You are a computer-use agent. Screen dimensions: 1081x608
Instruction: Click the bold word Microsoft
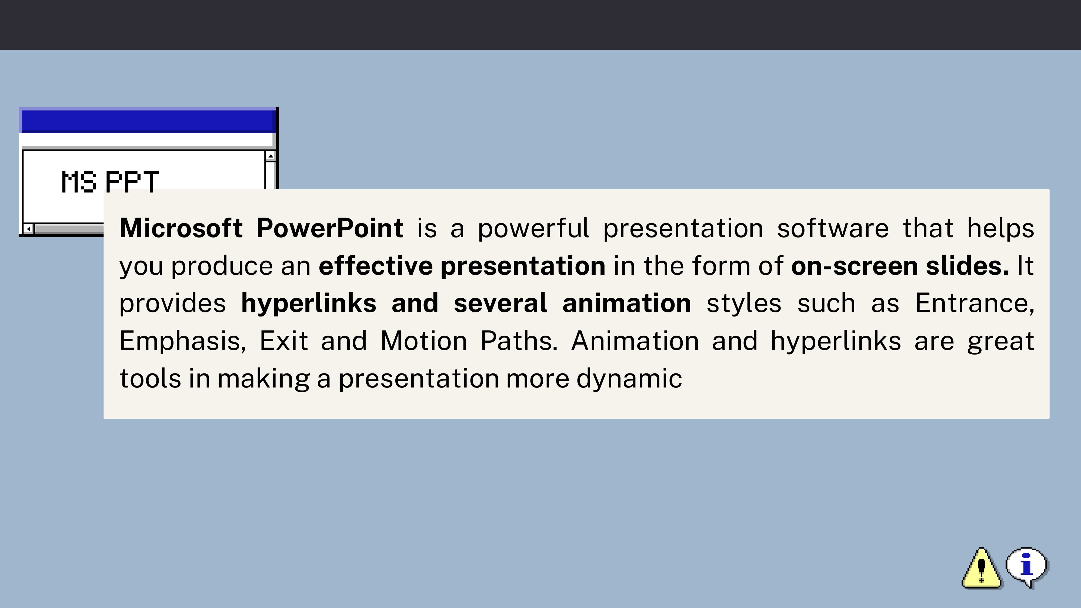(181, 228)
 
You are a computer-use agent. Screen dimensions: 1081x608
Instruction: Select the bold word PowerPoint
(330, 228)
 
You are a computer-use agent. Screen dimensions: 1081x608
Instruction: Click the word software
(833, 228)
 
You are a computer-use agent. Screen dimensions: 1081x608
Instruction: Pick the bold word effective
(376, 266)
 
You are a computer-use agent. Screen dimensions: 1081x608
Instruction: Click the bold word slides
(967, 266)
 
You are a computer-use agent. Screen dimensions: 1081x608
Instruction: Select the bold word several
(500, 303)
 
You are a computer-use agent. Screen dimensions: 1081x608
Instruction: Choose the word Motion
(423, 341)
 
